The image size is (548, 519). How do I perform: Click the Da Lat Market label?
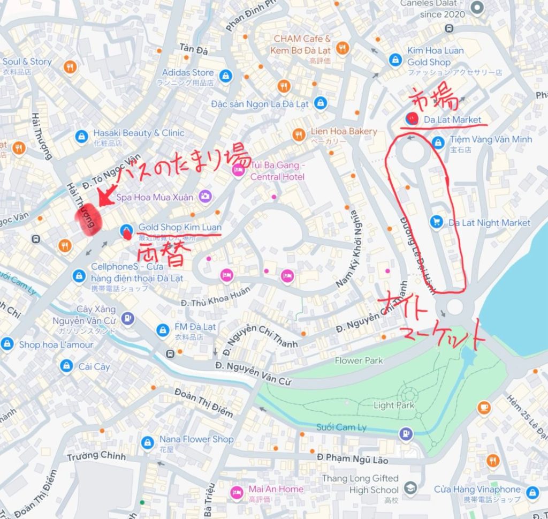(452, 120)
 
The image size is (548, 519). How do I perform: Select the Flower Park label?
(359, 360)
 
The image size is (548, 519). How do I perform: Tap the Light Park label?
(394, 405)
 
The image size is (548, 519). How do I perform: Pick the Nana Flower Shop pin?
(148, 442)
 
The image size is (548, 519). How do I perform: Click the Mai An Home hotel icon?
(236, 492)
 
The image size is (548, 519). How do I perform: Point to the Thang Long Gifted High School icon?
(410, 488)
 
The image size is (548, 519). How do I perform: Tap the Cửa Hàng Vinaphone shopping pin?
(532, 492)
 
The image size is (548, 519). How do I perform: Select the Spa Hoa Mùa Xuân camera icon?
(204, 197)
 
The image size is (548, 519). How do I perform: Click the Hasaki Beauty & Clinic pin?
(81, 136)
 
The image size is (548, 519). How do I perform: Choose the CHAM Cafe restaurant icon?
(342, 48)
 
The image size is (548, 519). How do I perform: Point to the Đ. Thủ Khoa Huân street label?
(208, 301)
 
